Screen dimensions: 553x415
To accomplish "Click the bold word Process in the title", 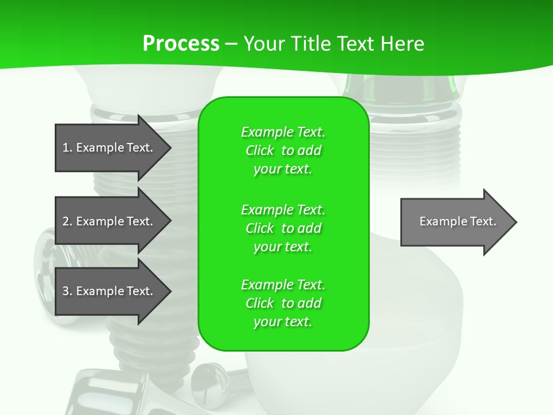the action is [181, 44].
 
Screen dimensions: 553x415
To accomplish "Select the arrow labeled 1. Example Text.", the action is [109, 148].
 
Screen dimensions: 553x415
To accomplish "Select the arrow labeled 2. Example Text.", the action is [109, 221].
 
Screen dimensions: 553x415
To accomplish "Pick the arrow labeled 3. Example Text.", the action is [109, 291].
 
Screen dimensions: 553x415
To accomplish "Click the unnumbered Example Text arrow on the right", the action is [455, 221].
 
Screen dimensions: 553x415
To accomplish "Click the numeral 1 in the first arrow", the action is [66, 148].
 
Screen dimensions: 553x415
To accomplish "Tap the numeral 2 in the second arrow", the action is [66, 221].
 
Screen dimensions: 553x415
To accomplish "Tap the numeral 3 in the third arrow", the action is [66, 291].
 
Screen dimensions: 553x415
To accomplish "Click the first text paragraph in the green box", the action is [283, 150].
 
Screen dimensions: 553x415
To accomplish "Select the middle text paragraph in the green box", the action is [283, 228].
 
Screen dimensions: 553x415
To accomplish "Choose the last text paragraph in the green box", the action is [283, 303].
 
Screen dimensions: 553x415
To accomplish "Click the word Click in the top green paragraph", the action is [260, 150].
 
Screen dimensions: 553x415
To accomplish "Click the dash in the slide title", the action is [231, 44].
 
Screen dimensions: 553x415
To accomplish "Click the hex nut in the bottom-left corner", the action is [104, 395].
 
